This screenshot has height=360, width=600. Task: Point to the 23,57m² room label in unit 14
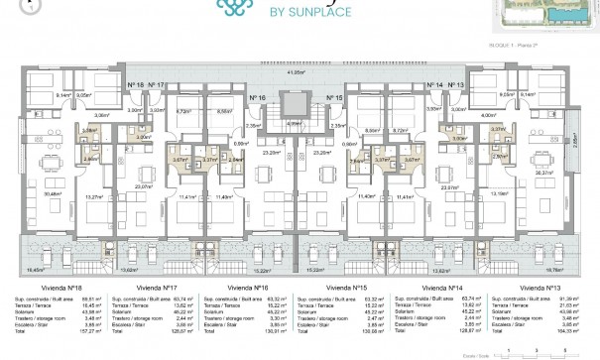pyautogui.click(x=476, y=185)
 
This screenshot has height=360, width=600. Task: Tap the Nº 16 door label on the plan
pyautogui.click(x=257, y=99)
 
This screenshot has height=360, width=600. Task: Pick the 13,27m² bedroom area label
pyautogui.click(x=95, y=196)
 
